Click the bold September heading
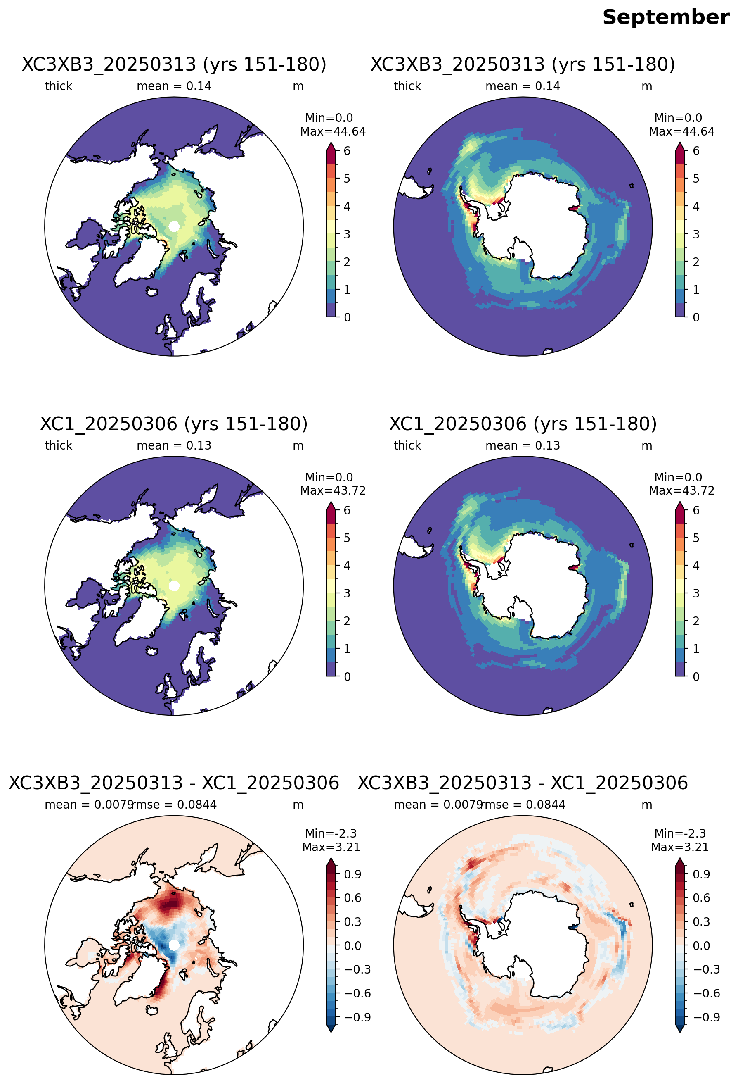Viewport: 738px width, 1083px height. coord(665,18)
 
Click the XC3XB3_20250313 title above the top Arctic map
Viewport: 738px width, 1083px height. coord(174,64)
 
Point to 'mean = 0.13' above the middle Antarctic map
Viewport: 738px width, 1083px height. coord(523,445)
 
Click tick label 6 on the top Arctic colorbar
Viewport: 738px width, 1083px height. coord(347,151)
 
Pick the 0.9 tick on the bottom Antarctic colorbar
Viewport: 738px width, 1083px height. coord(701,874)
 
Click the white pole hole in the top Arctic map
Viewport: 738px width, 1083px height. coord(174,226)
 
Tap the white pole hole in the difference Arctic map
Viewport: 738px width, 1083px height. coord(174,945)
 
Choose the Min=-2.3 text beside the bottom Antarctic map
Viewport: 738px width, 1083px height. coord(680,833)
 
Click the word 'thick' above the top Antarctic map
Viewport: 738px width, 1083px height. coord(407,86)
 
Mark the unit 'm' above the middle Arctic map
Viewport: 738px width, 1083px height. coord(298,446)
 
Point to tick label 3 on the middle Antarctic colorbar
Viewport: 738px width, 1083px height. coord(695,594)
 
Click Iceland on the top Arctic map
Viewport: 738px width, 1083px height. coord(152,292)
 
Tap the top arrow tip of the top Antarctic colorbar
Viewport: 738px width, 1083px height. coord(680,143)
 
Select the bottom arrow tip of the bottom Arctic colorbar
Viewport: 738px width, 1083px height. coord(331,1033)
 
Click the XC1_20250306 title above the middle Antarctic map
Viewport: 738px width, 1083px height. coord(523,424)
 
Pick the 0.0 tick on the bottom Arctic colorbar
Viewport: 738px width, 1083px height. coord(352,945)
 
